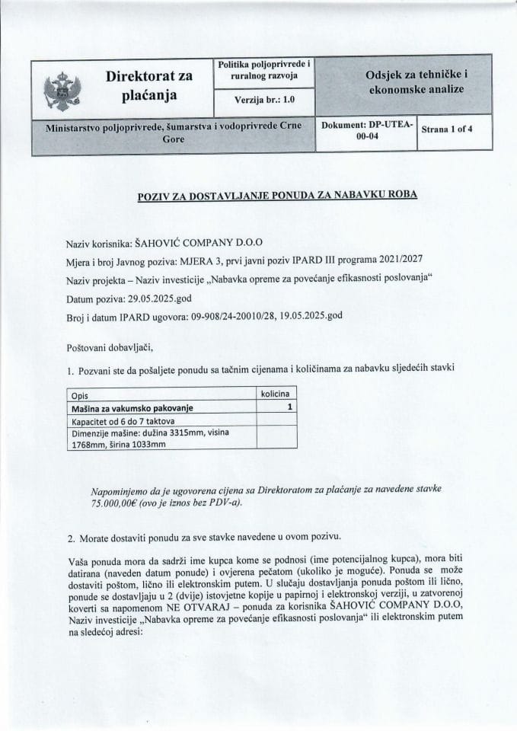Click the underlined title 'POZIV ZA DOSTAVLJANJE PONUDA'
pyautogui.click(x=278, y=195)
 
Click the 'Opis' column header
pyautogui.click(x=80, y=396)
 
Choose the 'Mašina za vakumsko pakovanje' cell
pyautogui.click(x=133, y=408)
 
